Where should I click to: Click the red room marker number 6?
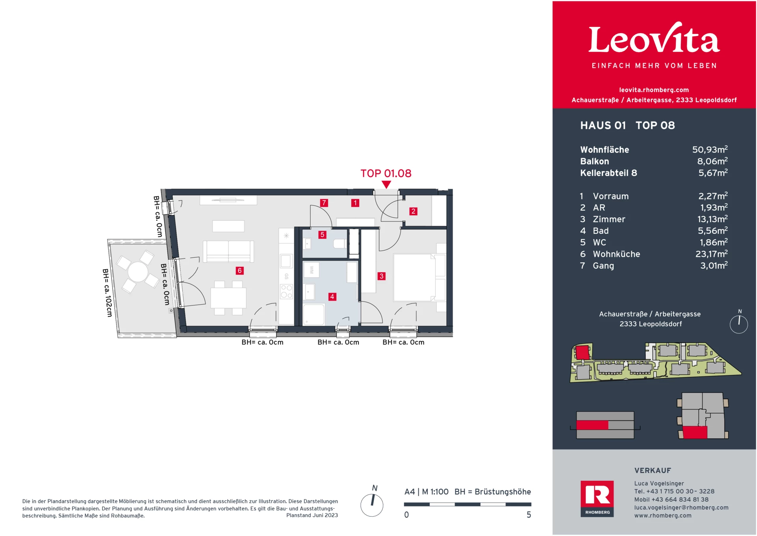click(239, 271)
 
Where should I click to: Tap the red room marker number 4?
click(332, 297)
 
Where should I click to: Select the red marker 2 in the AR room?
click(413, 211)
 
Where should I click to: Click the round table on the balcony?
click(138, 272)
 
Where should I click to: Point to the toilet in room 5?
click(339, 244)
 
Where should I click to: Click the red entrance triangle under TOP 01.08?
click(386, 184)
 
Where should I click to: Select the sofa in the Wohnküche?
click(228, 251)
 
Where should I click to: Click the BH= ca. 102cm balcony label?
click(107, 293)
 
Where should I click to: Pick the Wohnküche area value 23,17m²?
click(711, 254)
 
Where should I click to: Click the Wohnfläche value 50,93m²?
click(710, 149)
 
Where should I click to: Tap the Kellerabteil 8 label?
click(608, 173)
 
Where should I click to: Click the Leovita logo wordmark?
click(654, 39)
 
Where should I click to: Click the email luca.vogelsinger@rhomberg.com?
click(681, 508)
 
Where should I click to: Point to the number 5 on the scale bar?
click(529, 515)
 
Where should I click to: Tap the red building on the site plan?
click(582, 352)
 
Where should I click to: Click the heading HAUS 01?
click(603, 125)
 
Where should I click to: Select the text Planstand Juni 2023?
click(312, 516)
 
